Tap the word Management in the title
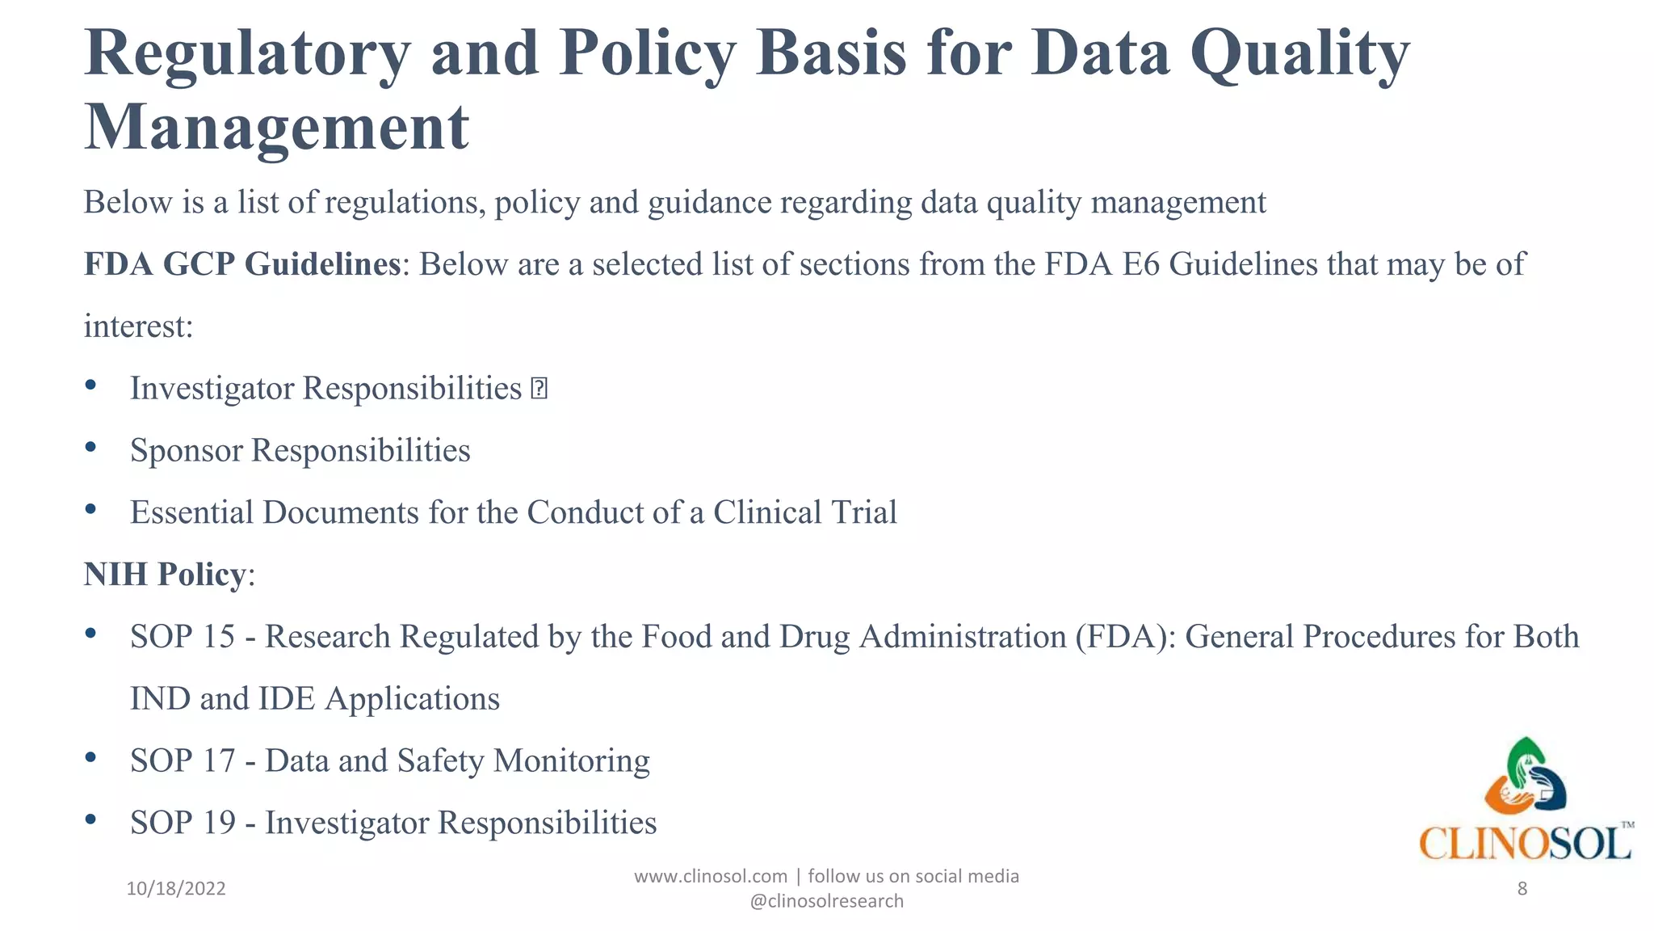coord(276,128)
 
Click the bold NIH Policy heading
coord(165,575)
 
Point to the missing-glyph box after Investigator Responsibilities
coord(539,390)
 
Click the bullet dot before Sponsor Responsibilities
coord(90,447)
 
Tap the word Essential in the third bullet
coord(191,512)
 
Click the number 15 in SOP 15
coord(218,637)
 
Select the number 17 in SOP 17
coord(218,761)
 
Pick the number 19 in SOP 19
coord(218,824)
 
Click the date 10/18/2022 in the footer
coord(176,889)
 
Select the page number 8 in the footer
coord(1522,889)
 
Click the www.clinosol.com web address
coord(710,876)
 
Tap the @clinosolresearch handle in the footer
coord(826,901)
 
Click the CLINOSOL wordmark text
coord(1525,844)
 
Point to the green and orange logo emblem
coord(1525,777)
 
